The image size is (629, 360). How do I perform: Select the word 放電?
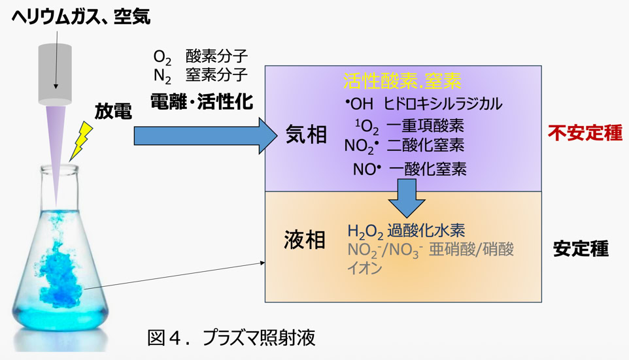click(x=113, y=112)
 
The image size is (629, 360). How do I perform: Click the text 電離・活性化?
click(x=201, y=101)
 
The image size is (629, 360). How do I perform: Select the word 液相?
click(x=305, y=240)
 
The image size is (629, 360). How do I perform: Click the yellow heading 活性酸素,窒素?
click(x=403, y=81)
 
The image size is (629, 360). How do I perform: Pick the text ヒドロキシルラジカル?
click(x=443, y=103)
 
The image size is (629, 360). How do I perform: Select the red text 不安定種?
click(x=585, y=133)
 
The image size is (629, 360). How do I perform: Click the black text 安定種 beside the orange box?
click(x=581, y=249)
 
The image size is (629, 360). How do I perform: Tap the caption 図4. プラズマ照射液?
click(x=231, y=338)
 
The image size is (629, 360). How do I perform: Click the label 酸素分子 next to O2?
click(x=216, y=56)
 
